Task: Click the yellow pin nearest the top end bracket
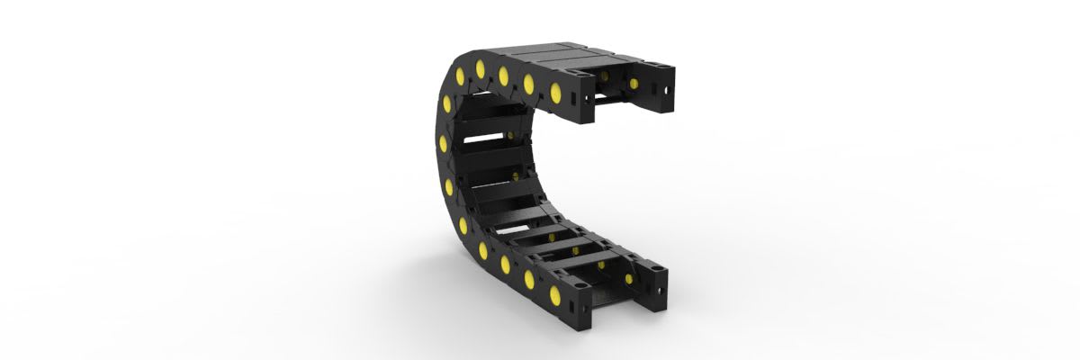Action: click(x=555, y=91)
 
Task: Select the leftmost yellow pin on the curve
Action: click(x=443, y=144)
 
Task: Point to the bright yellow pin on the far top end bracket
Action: click(x=634, y=85)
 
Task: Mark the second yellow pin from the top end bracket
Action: click(x=528, y=85)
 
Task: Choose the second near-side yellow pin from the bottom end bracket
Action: click(x=529, y=280)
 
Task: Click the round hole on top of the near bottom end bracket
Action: click(x=580, y=287)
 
